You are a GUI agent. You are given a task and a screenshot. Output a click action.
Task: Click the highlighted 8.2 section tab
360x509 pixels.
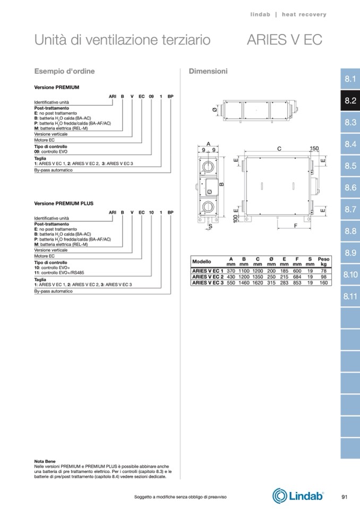tap(349, 100)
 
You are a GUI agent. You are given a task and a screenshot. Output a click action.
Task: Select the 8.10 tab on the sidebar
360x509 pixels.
tap(349, 275)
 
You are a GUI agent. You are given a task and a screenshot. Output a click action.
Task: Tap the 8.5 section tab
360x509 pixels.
tap(349, 166)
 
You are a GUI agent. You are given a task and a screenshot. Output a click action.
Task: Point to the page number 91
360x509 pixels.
tap(344, 497)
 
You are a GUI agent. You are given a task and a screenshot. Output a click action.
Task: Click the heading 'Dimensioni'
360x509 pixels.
tap(208, 71)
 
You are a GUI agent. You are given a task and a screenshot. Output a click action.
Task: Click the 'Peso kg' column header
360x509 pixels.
tap(323, 262)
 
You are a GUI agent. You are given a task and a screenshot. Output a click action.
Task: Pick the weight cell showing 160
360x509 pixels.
tap(323, 283)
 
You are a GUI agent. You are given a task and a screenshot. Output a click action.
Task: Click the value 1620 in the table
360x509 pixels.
tap(258, 283)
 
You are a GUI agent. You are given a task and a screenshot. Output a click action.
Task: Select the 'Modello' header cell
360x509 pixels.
tap(202, 262)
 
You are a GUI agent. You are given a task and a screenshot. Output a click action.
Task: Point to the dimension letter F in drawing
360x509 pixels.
tap(295, 226)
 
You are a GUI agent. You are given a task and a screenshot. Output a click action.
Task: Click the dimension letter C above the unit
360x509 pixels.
tap(279, 150)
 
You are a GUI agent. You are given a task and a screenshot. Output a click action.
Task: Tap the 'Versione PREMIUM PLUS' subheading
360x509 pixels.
tap(64, 203)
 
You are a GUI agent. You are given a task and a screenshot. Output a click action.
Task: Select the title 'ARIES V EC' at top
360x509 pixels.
tap(285, 40)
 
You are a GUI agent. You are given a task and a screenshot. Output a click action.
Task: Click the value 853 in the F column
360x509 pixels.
tap(297, 283)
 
